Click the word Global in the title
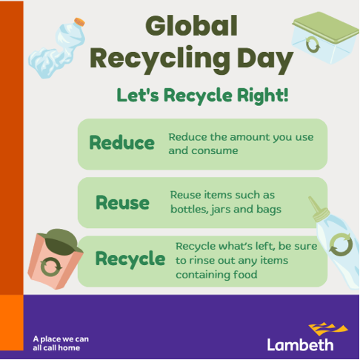coord(191,27)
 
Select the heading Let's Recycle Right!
coord(202,96)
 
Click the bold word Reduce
coord(121,143)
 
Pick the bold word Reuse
coord(122,202)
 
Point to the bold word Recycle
coord(130,259)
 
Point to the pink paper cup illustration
coord(52,263)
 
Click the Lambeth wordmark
coord(300,344)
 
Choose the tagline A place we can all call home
coord(61,344)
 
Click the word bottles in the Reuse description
coord(189,209)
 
